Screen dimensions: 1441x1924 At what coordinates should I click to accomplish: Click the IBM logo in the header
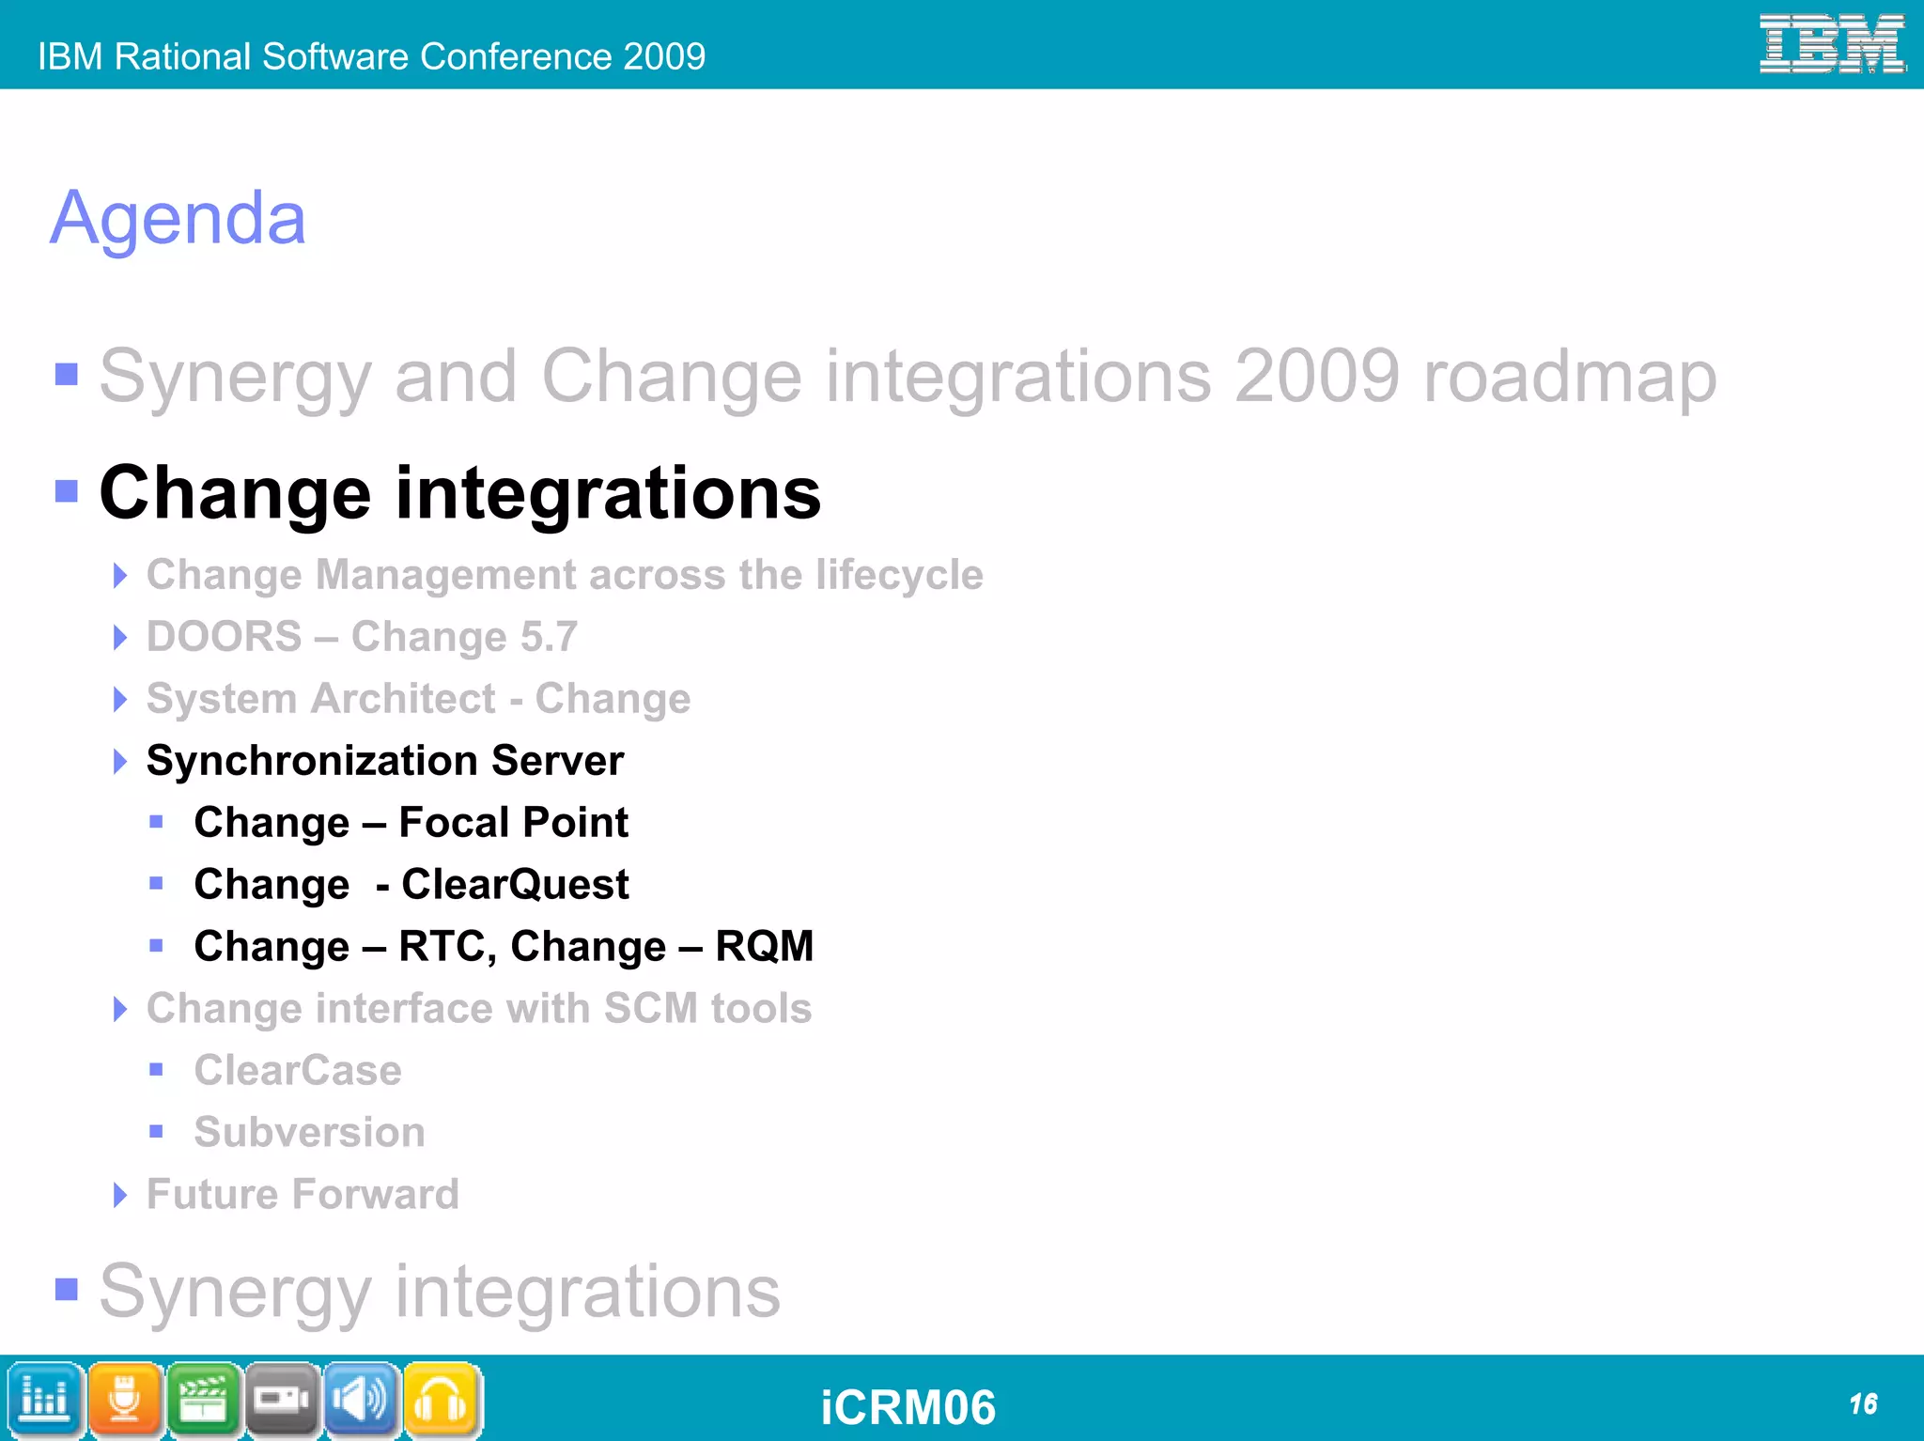1831,44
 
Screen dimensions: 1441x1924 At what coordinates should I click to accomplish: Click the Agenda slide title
178,219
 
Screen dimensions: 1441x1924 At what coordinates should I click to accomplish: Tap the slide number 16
1863,1404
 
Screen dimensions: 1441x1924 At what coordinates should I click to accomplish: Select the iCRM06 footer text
908,1407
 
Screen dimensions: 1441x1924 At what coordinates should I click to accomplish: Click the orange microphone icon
125,1400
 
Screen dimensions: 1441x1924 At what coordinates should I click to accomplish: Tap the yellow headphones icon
441,1400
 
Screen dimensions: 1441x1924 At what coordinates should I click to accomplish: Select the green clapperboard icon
204,1400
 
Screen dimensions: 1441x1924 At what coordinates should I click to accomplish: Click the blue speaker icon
362,1400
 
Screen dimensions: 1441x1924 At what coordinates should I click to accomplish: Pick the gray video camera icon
283,1400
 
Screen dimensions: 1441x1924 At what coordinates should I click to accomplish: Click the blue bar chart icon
44,1400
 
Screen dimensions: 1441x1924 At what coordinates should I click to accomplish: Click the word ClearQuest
515,885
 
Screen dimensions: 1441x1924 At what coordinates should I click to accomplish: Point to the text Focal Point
513,823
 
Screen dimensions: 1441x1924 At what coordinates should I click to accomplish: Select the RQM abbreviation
764,946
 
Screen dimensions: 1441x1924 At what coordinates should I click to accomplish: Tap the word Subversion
309,1132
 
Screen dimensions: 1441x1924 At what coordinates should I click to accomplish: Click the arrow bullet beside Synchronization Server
119,761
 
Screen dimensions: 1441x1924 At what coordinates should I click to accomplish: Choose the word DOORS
225,637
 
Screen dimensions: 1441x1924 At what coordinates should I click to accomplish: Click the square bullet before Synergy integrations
67,1289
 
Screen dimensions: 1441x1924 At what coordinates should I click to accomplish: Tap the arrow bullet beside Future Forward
119,1195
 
